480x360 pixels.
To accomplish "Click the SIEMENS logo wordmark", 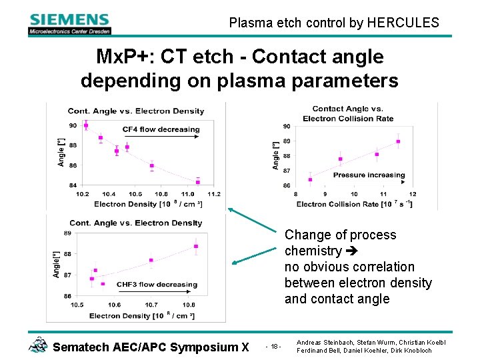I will pos(69,19).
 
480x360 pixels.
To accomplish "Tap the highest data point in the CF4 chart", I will pos(85,125).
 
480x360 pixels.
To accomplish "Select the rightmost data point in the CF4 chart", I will pos(198,182).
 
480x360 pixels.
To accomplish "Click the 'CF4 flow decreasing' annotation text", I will pos(161,129).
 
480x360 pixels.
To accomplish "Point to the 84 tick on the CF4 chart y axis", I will pos(72,185).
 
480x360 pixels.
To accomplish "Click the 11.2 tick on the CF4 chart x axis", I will pos(213,193).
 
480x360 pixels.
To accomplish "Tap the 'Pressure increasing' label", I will pos(369,175).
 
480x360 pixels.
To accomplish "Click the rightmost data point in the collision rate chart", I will pos(398,141).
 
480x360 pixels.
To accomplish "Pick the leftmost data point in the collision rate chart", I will pos(310,179).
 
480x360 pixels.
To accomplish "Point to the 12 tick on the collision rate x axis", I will pos(413,194).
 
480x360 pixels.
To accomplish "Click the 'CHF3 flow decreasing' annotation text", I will pos(157,284).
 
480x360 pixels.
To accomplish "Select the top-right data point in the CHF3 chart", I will pos(196,247).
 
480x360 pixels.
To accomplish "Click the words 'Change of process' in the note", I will pos(340,235).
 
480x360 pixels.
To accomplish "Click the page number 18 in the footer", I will pos(274,347).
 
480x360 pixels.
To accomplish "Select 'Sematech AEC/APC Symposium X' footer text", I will pos(150,347).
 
